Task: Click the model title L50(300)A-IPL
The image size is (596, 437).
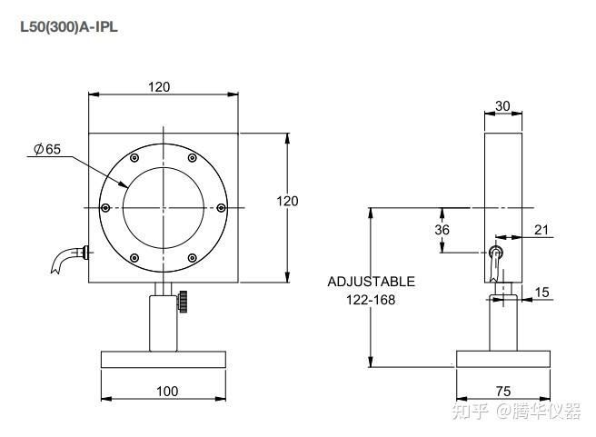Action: point(69,27)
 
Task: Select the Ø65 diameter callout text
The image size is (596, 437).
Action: point(47,149)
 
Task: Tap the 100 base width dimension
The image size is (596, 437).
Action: point(167,391)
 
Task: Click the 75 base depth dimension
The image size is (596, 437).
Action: point(503,391)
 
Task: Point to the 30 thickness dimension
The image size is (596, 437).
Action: point(503,105)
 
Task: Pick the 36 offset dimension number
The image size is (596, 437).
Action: point(442,230)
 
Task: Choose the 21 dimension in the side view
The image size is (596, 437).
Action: point(541,230)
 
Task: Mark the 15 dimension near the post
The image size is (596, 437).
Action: point(542,292)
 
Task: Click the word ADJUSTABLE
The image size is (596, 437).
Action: point(371,282)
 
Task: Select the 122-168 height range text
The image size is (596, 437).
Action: point(371,300)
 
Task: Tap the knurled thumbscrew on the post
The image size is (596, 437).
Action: point(183,302)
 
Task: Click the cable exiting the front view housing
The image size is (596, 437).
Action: point(68,258)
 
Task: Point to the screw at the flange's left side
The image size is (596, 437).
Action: point(106,208)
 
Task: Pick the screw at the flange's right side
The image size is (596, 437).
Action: point(221,208)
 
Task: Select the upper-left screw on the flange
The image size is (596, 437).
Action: point(134,158)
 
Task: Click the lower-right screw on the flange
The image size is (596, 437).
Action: point(193,258)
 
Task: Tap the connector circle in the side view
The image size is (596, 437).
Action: point(495,252)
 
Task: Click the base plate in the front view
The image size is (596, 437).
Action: point(164,360)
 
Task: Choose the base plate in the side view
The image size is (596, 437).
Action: point(503,359)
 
